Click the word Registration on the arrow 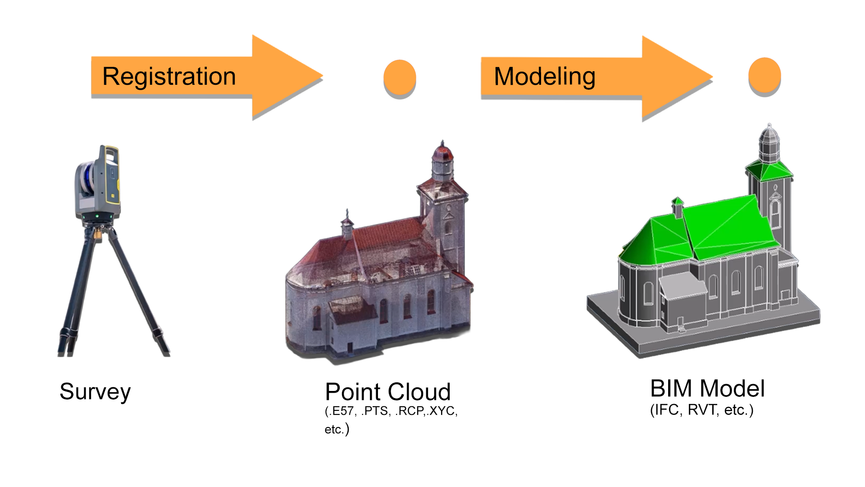[x=169, y=76]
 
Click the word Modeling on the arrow [x=545, y=76]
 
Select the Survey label [x=95, y=391]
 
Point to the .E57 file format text [x=342, y=411]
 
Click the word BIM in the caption [x=671, y=388]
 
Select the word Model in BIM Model [x=732, y=388]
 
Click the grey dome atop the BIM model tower [x=769, y=138]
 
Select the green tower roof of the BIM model [x=769, y=171]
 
